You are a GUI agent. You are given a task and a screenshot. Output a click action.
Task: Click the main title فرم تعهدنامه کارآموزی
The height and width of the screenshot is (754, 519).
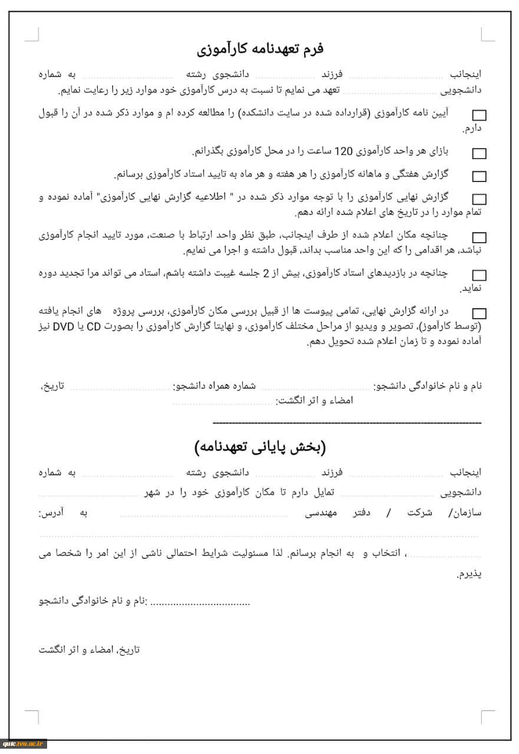click(x=260, y=48)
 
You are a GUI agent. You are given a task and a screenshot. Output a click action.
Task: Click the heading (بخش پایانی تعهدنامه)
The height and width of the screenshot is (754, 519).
click(x=260, y=447)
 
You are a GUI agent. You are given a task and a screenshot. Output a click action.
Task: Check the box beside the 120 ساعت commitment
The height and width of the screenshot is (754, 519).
click(x=480, y=153)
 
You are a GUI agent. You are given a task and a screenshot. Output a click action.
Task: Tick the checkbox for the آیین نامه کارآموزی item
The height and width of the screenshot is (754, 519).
click(x=480, y=115)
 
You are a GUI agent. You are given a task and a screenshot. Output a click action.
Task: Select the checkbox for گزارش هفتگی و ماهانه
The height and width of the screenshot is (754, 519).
click(x=480, y=176)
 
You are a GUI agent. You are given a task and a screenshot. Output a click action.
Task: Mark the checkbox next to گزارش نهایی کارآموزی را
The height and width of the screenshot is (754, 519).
click(x=480, y=199)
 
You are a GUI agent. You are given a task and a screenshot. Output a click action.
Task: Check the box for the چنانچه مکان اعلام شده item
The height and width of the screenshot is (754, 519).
click(x=480, y=237)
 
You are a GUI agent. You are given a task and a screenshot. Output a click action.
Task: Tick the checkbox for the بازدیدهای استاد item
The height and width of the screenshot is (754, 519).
click(x=480, y=275)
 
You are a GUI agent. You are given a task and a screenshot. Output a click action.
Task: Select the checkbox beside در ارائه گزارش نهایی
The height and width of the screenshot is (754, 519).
click(x=480, y=313)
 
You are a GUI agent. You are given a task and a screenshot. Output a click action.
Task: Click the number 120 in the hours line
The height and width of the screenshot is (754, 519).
click(x=343, y=151)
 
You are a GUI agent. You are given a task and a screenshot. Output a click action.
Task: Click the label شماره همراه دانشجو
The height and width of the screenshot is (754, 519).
click(x=214, y=386)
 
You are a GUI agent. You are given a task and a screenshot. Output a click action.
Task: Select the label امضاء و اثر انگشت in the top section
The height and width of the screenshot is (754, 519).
click(x=314, y=401)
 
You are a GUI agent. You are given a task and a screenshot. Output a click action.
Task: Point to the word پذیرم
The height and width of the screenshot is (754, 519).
click(x=470, y=574)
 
